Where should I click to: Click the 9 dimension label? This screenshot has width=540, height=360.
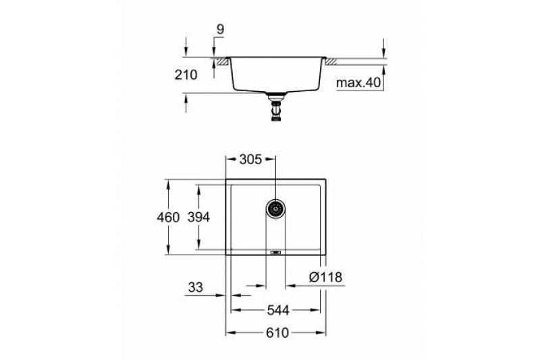tap(220, 29)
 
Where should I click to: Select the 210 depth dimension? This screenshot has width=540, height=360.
tap(186, 75)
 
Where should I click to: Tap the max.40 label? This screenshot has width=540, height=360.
tap(358, 82)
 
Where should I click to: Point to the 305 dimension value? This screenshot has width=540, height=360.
tap(250, 159)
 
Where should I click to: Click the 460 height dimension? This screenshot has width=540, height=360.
tap(168, 217)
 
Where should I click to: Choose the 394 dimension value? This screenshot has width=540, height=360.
tap(198, 217)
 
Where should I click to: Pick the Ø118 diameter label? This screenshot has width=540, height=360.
tap(325, 277)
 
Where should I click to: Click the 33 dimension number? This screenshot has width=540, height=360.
tap(196, 287)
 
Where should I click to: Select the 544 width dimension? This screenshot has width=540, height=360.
tap(278, 311)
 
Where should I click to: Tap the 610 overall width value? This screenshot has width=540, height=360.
tap(277, 333)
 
